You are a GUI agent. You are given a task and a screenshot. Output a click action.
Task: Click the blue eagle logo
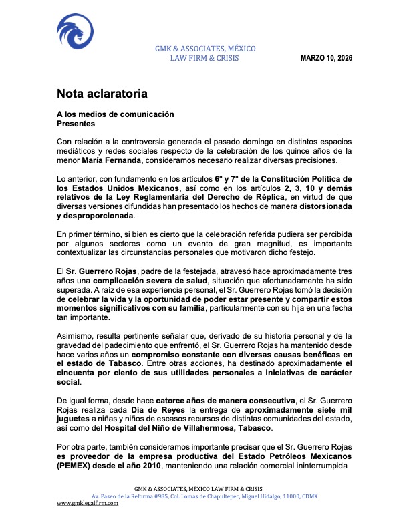pyautogui.click(x=74, y=33)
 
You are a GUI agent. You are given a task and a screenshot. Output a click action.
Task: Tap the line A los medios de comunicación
pyautogui.click(x=115, y=114)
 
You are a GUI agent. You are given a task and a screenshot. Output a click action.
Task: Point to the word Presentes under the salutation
pyautogui.click(x=76, y=124)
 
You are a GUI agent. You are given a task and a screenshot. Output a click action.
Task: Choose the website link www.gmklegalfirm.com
pyautogui.click(x=87, y=503)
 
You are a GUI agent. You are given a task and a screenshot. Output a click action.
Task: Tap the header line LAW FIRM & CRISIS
pyautogui.click(x=204, y=58)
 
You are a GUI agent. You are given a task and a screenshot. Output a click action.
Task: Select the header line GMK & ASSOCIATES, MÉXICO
pyautogui.click(x=204, y=49)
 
